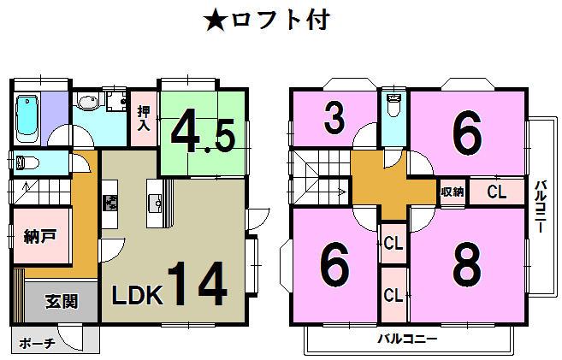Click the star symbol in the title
[216, 19]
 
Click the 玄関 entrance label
[61, 301]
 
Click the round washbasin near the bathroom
[86, 104]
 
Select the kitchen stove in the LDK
[111, 204]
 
